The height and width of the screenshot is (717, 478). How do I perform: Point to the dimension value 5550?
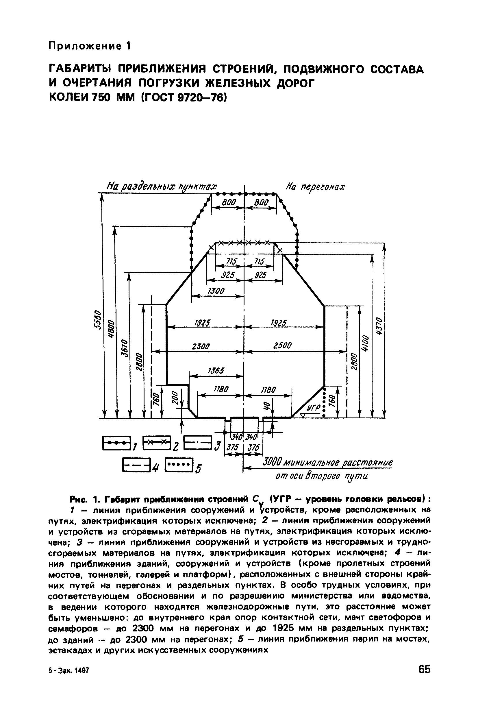click(x=97, y=320)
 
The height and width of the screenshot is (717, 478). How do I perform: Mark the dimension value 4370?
click(x=379, y=326)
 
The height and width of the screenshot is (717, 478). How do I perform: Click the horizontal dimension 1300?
click(x=216, y=291)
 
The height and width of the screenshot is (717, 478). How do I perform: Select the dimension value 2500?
click(x=283, y=345)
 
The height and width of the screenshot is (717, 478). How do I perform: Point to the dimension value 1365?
click(x=216, y=371)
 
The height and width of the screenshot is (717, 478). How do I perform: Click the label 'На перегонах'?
click(x=315, y=186)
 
